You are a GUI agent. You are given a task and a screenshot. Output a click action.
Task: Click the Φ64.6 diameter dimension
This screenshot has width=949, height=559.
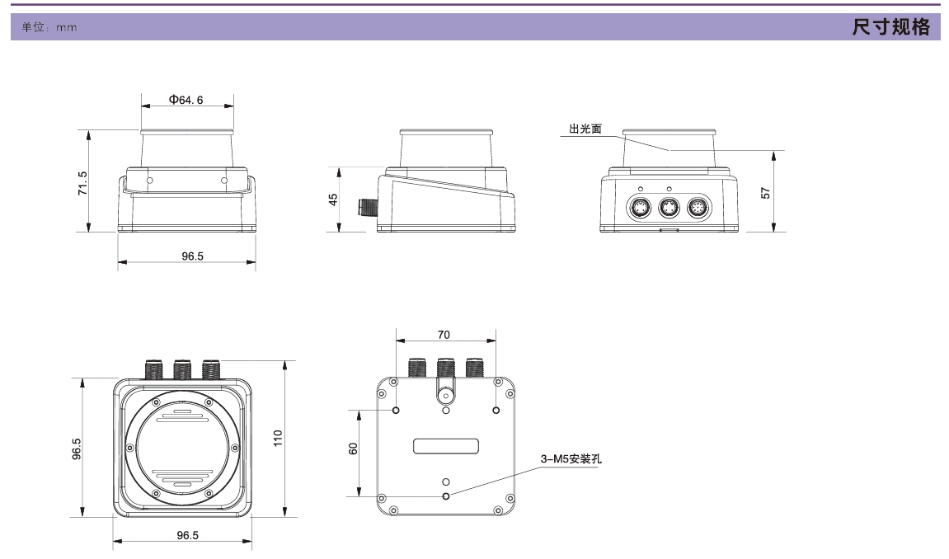click(186, 100)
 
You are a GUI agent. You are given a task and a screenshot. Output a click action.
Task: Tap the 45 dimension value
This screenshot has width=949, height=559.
click(334, 200)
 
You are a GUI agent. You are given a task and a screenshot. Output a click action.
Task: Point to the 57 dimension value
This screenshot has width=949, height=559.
click(765, 192)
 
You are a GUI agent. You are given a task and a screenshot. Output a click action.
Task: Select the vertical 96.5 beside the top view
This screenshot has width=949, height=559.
click(77, 448)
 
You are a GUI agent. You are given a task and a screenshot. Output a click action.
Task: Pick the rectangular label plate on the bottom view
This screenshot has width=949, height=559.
click(446, 446)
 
